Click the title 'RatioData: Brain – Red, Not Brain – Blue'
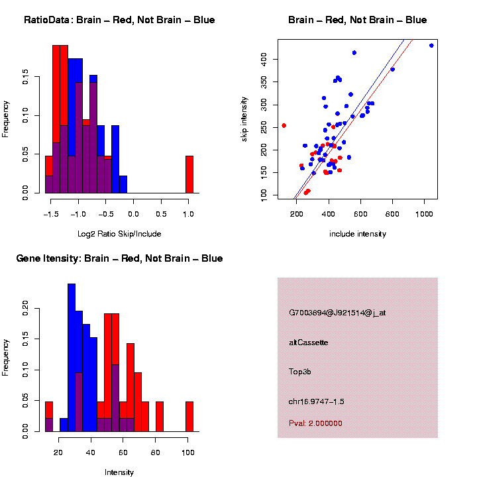[x=119, y=20]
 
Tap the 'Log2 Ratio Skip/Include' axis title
[x=119, y=234]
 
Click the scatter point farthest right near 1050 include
[x=431, y=46]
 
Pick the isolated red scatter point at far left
[x=284, y=125]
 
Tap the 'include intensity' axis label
[x=358, y=234]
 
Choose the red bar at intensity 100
[x=189, y=417]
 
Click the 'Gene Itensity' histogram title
[x=119, y=258]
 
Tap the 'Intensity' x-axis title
[x=119, y=472]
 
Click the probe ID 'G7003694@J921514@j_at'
[x=337, y=313]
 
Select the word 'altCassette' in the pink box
[x=309, y=343]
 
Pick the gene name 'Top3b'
[x=300, y=372]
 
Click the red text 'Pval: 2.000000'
[x=316, y=423]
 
